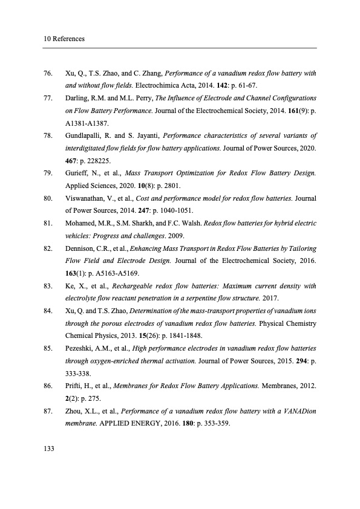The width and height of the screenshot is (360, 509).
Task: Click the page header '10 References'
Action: (64, 39)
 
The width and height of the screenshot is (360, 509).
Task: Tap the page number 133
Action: (49, 448)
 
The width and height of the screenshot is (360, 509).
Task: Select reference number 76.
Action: (48, 74)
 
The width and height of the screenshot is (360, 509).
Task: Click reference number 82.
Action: (48, 248)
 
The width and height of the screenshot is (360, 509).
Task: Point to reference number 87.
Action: (48, 411)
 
